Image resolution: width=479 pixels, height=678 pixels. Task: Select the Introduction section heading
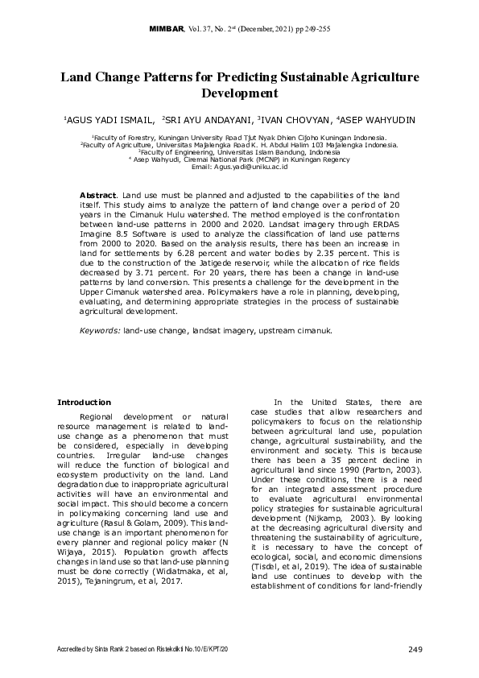point(84,402)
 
